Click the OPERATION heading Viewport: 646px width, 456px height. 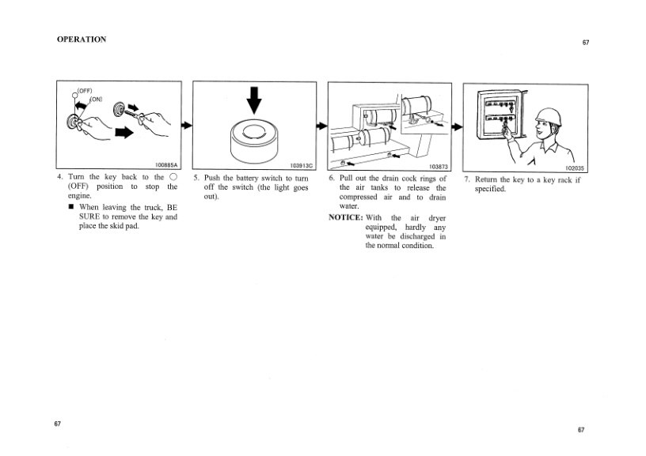point(82,40)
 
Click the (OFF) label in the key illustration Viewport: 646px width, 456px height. point(85,91)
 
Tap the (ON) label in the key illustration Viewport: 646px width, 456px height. point(96,99)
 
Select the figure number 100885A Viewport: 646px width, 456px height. point(166,165)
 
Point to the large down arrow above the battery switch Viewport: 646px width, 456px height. point(254,100)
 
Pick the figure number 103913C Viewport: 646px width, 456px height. point(302,166)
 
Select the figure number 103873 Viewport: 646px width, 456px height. point(439,167)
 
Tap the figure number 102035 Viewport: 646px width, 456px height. point(574,168)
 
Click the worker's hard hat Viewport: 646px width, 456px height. point(549,117)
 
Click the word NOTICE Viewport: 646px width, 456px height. point(346,217)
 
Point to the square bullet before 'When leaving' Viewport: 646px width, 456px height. point(72,207)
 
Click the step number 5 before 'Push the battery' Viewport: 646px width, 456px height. point(196,178)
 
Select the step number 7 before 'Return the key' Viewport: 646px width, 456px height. point(467,179)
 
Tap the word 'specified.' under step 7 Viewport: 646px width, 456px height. point(490,189)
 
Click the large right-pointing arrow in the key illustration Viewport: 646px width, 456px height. point(124,133)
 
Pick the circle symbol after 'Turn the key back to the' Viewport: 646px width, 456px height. point(173,177)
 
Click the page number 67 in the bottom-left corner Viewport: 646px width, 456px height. point(58,424)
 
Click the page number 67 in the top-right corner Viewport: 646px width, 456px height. point(586,43)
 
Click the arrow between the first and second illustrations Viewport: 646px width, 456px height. point(187,125)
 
